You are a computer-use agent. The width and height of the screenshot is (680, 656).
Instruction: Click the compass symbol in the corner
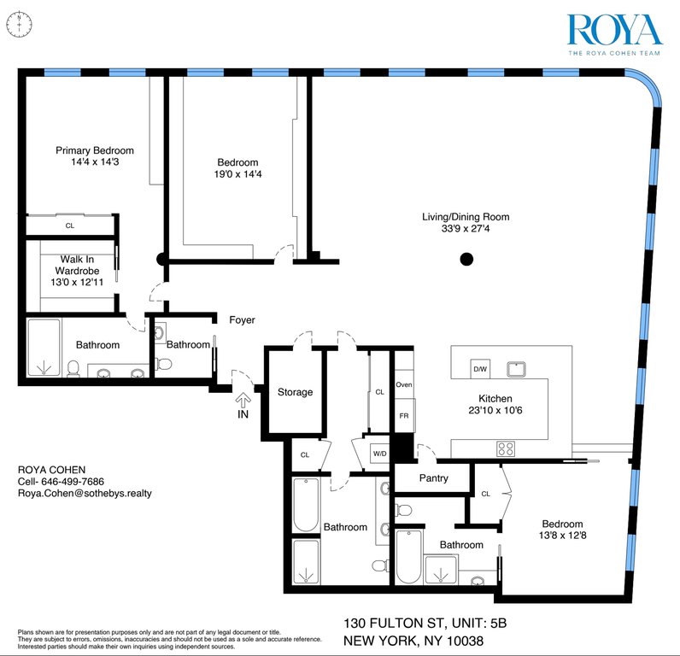19,24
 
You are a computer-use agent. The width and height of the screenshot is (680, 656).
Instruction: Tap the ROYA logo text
614,30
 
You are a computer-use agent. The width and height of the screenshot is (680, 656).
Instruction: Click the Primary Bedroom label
95,150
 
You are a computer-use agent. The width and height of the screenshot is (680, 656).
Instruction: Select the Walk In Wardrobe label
77,265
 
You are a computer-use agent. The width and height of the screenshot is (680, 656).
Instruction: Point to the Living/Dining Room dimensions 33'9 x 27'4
466,229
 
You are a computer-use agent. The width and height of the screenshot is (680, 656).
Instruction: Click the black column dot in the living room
466,260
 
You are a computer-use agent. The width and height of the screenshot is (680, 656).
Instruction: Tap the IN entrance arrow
243,400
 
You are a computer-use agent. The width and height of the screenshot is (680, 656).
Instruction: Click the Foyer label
242,320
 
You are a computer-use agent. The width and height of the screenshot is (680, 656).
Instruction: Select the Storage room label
295,392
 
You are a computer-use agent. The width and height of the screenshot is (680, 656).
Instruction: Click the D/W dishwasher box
480,369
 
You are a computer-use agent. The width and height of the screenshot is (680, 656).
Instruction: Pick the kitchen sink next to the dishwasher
516,369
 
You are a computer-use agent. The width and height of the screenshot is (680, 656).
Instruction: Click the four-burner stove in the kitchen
506,448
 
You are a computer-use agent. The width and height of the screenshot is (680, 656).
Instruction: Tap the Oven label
404,384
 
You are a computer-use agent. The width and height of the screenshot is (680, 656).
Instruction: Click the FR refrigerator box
405,415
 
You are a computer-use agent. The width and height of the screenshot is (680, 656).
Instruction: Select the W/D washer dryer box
380,454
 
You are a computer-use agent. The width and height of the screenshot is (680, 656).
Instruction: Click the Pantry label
433,478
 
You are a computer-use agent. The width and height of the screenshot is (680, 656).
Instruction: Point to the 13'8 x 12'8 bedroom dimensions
562,536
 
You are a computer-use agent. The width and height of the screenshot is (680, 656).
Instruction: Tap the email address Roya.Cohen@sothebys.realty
85,493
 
